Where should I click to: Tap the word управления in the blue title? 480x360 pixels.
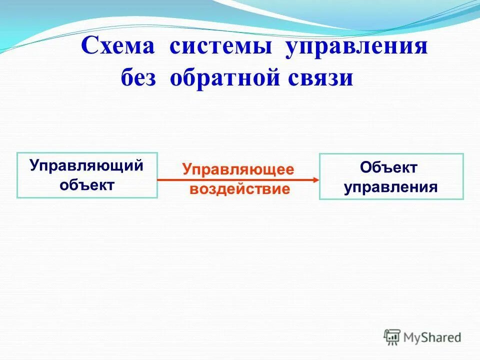pos(356,47)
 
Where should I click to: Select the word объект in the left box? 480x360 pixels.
pos(87,185)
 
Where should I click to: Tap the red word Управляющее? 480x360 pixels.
pos(238,169)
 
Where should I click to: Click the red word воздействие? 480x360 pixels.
pos(238,189)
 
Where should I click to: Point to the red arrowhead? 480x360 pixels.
pos(315,179)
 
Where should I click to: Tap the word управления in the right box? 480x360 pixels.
pos(391,187)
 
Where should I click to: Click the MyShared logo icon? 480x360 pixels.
pos(392,336)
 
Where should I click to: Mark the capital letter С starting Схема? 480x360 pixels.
pos(89,47)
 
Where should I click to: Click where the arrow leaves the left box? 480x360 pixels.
pos(158,179)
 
